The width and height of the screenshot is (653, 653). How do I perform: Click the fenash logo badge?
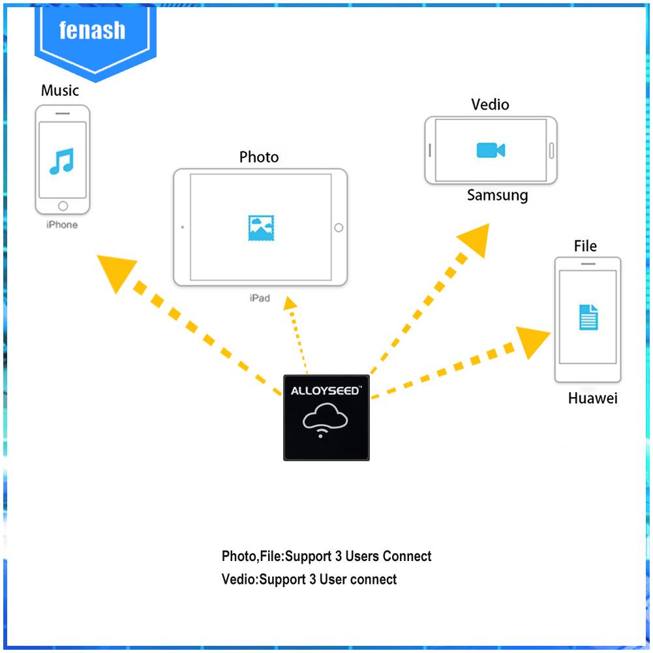92,33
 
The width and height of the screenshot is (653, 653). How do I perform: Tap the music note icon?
62,160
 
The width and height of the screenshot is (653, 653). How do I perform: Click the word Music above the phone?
60,90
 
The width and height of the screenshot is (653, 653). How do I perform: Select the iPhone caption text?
62,225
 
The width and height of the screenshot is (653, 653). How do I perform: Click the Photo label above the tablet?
259,157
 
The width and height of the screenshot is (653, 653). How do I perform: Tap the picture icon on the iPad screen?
261,227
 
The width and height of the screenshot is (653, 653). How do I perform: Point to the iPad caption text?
259,298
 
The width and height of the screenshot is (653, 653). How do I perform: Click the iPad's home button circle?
338,228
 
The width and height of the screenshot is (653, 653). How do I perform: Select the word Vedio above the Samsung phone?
490,104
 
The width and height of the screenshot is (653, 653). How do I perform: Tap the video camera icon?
491,150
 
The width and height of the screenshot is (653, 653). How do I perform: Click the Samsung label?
497,195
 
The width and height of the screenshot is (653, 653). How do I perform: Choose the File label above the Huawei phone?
585,246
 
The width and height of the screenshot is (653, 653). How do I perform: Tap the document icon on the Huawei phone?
588,317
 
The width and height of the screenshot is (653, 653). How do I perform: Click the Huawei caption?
592,399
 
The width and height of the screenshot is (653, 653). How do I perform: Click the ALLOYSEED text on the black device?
326,392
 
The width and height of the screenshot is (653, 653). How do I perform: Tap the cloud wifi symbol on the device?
326,419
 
